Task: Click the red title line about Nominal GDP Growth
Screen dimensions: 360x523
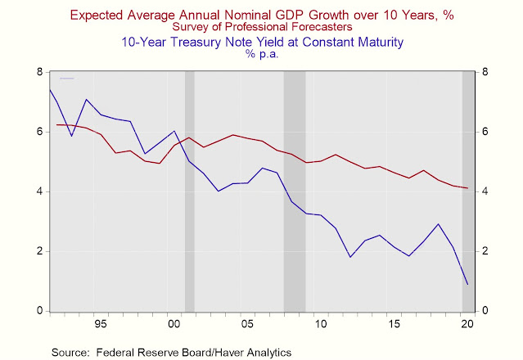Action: click(261, 14)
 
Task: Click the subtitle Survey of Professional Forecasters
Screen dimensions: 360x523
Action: click(261, 27)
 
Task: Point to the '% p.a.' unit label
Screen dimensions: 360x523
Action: click(261, 54)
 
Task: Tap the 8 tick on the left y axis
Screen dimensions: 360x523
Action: click(39, 72)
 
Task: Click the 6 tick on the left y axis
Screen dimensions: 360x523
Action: click(39, 132)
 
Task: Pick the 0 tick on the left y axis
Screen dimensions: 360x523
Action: click(39, 311)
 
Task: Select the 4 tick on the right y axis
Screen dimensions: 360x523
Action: click(484, 191)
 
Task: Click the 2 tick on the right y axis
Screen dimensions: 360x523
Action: click(484, 251)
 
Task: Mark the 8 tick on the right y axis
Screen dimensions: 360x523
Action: click(484, 72)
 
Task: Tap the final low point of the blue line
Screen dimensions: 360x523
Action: click(467, 284)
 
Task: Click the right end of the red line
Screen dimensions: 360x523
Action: click(467, 188)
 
